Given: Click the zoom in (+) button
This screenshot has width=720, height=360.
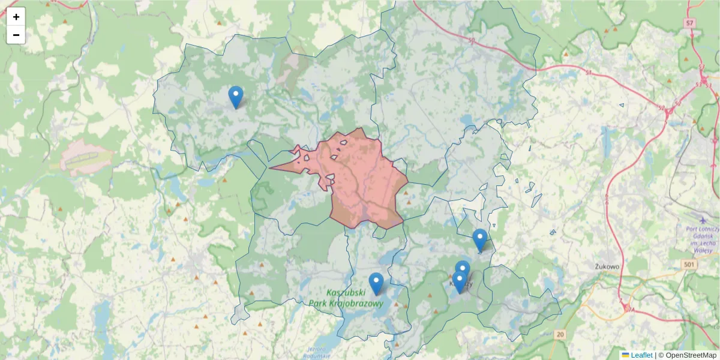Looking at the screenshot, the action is point(16,17).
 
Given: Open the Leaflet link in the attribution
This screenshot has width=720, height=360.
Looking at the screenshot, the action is point(641,355).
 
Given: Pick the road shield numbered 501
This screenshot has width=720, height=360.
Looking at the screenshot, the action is point(689,265).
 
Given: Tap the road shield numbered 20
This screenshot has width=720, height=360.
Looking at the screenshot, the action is point(560,334).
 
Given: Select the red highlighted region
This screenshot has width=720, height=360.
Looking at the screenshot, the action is point(366,180).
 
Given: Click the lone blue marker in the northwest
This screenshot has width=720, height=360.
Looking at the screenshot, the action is point(236,96).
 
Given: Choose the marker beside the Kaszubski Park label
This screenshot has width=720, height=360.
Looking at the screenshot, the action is point(376,283).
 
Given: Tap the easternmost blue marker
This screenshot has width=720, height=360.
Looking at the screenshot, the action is point(480,239).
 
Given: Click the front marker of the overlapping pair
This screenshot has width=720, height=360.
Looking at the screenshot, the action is point(460,281).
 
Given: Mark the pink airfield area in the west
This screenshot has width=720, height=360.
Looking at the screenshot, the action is point(84,158).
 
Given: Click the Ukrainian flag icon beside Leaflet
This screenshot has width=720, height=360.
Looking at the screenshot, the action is point(625,355).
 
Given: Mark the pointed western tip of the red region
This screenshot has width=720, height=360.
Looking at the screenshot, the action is point(271,168).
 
